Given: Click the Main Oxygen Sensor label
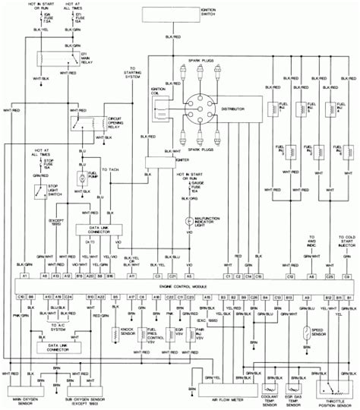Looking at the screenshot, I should pyautogui.click(x=29, y=397).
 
